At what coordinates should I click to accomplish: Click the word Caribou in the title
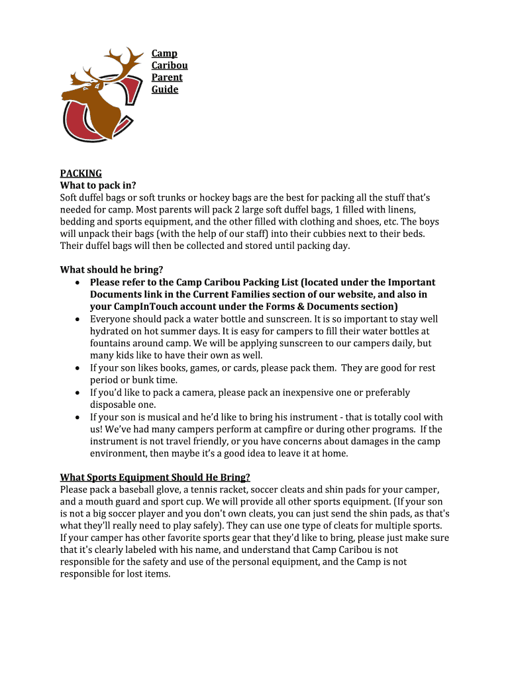click(170, 66)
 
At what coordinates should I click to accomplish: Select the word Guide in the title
click(165, 89)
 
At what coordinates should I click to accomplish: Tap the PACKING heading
click(81, 173)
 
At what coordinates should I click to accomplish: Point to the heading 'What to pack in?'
click(98, 185)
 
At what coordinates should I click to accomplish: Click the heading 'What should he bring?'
click(111, 270)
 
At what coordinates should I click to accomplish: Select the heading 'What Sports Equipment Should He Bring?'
click(155, 477)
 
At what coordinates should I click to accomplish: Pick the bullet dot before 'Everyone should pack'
click(78, 319)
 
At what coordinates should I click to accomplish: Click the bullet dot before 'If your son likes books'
click(78, 368)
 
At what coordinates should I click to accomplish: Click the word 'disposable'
click(114, 405)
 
